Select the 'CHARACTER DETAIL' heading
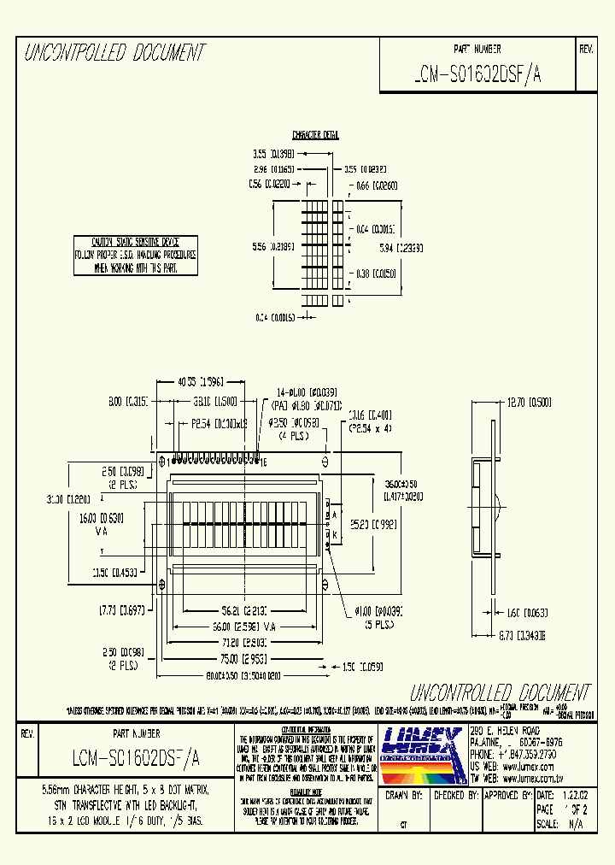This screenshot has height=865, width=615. (315, 135)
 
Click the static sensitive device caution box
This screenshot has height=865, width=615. (135, 255)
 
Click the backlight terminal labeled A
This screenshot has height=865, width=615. (335, 515)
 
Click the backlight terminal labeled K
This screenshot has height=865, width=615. (335, 534)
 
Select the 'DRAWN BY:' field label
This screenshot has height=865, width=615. (405, 795)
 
